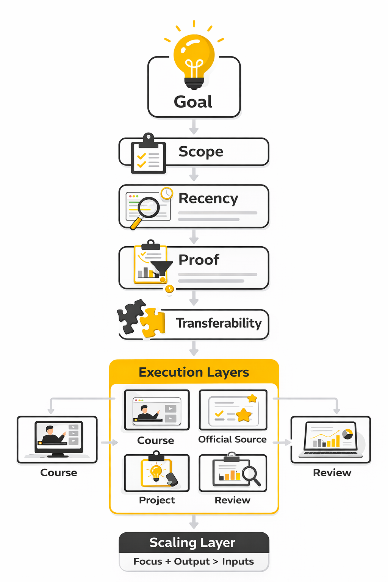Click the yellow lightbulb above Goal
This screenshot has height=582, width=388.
tap(194, 59)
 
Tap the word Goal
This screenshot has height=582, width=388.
tap(193, 102)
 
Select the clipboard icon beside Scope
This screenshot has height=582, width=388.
tap(148, 155)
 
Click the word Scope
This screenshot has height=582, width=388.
tap(201, 152)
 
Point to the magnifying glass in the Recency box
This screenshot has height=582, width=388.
tap(147, 209)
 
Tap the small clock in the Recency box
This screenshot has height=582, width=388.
tap(167, 193)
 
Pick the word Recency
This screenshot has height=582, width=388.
tap(208, 199)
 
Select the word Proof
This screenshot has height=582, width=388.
tap(199, 260)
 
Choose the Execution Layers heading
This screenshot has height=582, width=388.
tap(194, 372)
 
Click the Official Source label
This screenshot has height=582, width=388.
tap(232, 440)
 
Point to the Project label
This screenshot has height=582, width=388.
tap(157, 500)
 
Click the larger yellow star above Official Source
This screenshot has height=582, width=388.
tap(244, 415)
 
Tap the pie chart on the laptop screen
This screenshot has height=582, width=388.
tap(347, 434)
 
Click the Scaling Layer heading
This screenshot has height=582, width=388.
tap(192, 543)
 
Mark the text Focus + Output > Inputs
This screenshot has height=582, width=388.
tap(194, 562)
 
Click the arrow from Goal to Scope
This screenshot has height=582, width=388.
tap(194, 127)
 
